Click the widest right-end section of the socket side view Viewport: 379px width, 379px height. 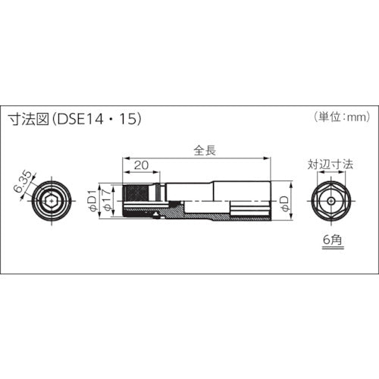(x=250, y=199)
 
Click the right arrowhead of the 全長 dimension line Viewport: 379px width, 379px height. (x=268, y=157)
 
